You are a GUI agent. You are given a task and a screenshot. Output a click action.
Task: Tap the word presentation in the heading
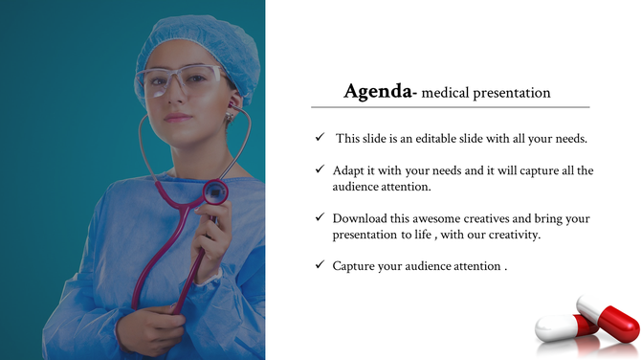point(514,94)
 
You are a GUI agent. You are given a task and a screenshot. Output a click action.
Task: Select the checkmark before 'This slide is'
point(320,138)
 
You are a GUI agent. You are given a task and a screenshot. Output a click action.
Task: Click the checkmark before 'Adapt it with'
point(320,169)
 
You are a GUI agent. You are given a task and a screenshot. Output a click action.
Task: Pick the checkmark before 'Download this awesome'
point(320,217)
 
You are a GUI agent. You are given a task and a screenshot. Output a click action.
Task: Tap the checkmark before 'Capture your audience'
point(320,264)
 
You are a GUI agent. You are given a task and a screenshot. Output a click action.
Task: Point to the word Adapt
point(349,170)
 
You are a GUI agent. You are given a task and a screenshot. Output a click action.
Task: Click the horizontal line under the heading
point(450,106)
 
